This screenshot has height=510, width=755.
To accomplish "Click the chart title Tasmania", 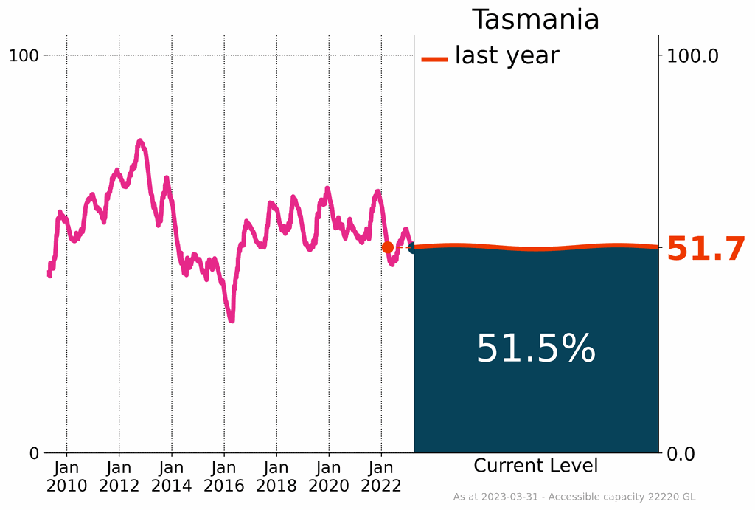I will (x=535, y=19).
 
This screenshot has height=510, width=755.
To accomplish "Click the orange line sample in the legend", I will (x=434, y=59).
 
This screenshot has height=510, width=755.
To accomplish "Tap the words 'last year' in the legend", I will (x=507, y=55).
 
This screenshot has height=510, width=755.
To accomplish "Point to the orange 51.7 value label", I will (x=706, y=250).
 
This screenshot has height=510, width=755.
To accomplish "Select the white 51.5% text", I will (x=535, y=348).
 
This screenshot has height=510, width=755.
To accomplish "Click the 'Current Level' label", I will (x=535, y=466).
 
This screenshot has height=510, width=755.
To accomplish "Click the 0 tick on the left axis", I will (x=34, y=453).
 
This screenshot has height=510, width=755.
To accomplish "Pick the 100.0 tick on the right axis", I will (x=692, y=55).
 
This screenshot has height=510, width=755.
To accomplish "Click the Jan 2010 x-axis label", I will (x=66, y=476).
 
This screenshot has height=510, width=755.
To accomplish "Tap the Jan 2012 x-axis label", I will (x=119, y=476).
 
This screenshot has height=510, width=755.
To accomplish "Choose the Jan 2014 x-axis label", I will (x=171, y=476).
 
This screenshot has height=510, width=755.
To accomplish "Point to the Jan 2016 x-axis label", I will (x=223, y=476).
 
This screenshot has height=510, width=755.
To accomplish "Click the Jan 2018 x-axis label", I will (x=276, y=476).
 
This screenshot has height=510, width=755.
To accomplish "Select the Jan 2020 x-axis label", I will (x=328, y=476).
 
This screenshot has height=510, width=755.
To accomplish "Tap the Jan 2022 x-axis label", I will (x=380, y=476).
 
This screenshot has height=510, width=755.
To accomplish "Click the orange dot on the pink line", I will (x=387, y=247).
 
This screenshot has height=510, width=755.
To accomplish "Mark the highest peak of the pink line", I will (x=140, y=141).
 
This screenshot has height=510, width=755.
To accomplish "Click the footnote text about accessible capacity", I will (x=574, y=497).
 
